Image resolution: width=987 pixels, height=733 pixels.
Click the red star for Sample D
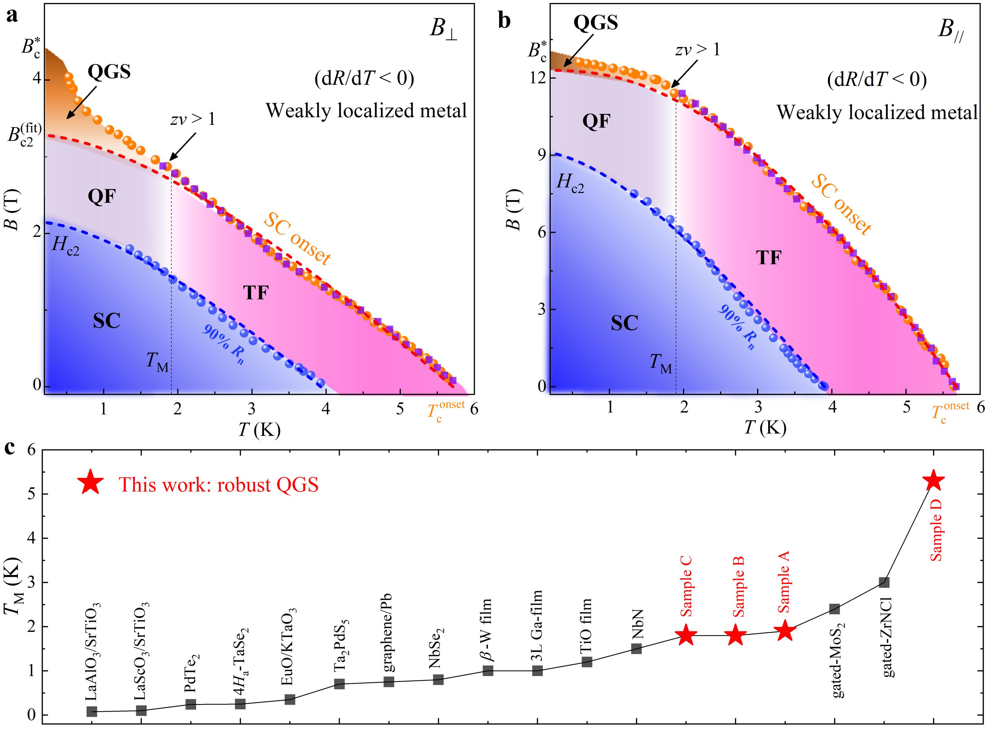coord(933,480)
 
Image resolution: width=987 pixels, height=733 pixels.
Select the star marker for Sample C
coord(686,635)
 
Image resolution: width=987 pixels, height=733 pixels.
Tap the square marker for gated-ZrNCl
coord(884,582)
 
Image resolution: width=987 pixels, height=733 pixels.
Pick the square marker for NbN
coord(636,649)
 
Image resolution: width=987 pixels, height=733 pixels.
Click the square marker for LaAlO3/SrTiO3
coord(92,711)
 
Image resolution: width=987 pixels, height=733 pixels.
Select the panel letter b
coord(505,20)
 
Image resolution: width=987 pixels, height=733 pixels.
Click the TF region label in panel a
coord(256,293)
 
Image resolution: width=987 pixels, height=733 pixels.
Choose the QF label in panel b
coord(596,121)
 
